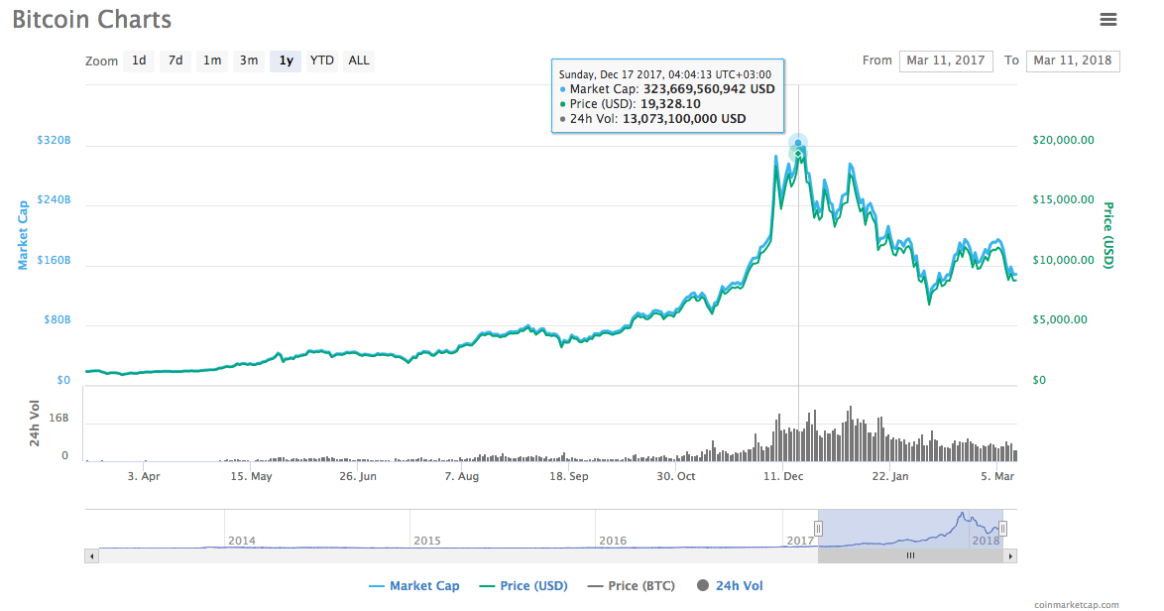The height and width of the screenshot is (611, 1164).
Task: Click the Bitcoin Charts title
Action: coord(91,19)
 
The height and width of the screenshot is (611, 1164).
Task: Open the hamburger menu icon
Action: coord(1108,19)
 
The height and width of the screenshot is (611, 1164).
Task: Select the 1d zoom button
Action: coord(139,61)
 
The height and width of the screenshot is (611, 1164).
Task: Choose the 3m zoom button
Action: coord(248,61)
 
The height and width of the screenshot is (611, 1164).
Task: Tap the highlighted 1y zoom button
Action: coord(286,61)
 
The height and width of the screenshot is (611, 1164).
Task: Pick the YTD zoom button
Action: coord(321,61)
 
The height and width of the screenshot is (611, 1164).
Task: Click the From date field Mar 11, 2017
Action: coord(946,61)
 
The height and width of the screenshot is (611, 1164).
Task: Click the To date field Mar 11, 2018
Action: coord(1073,61)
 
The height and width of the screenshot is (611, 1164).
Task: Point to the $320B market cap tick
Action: coord(54,141)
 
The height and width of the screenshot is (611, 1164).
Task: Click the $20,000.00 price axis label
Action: coord(1063,140)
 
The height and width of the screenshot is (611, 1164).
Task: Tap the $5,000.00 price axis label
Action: coord(1060,319)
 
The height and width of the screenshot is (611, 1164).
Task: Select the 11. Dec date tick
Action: coord(783,476)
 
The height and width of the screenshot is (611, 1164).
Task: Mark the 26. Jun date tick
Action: coord(358,476)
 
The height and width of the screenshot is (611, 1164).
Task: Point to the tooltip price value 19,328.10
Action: coord(670,103)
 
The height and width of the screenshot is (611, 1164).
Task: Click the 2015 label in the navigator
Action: coord(427,541)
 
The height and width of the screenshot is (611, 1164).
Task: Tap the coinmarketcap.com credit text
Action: coord(1076,604)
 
